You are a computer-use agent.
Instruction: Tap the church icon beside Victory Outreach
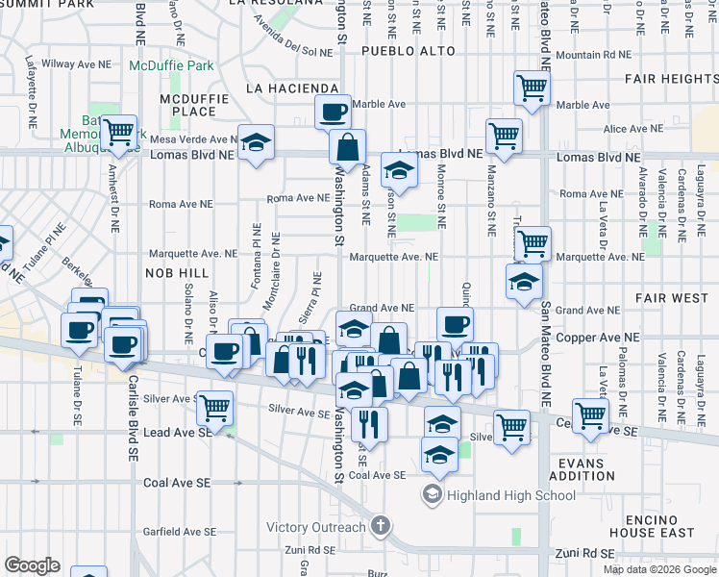pyautogui.click(x=382, y=526)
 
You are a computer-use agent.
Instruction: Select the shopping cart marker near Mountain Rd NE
pyautogui.click(x=531, y=88)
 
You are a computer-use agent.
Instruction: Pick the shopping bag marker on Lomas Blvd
pyautogui.click(x=347, y=147)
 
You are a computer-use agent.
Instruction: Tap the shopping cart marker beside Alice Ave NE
pyautogui.click(x=504, y=136)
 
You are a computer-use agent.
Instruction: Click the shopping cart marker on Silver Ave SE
pyautogui.click(x=214, y=407)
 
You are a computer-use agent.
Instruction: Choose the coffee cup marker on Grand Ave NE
pyautogui.click(x=455, y=323)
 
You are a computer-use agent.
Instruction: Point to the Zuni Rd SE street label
pyautogui.click(x=584, y=554)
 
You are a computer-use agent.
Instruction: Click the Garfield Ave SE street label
pyautogui.click(x=180, y=531)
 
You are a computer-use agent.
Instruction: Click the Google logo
pyautogui.click(x=31, y=564)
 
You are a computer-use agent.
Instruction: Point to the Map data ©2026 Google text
pyautogui.click(x=659, y=569)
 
